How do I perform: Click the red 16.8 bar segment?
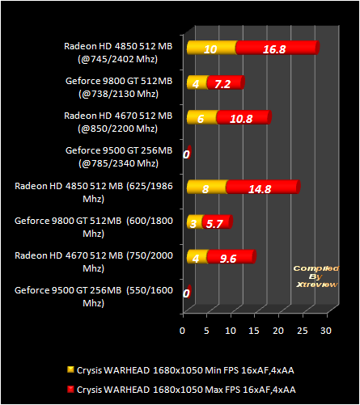pos(277,48)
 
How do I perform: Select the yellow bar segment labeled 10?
pos(212,48)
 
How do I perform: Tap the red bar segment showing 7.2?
pos(226,82)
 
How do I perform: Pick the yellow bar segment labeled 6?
pos(201,117)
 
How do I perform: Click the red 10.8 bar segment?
pos(244,117)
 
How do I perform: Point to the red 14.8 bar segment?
pos(263,187)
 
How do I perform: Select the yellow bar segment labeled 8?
pos(207,187)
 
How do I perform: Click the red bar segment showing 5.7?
pos(218,221)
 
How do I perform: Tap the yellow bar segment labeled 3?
pos(195,221)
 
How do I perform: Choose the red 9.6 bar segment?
pos(231,256)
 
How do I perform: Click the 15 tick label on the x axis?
pos(254,331)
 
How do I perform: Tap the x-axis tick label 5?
pos(206,331)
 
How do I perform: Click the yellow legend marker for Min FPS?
pos(70,369)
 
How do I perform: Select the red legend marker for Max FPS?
pos(70,389)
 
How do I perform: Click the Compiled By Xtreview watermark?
pos(316,276)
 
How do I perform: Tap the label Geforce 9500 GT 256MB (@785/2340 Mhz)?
pos(119,157)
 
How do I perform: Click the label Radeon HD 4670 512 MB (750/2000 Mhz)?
pos(94,262)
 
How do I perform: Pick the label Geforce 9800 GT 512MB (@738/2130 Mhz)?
pos(119,87)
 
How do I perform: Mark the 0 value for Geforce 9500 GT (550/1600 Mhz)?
pos(186,293)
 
